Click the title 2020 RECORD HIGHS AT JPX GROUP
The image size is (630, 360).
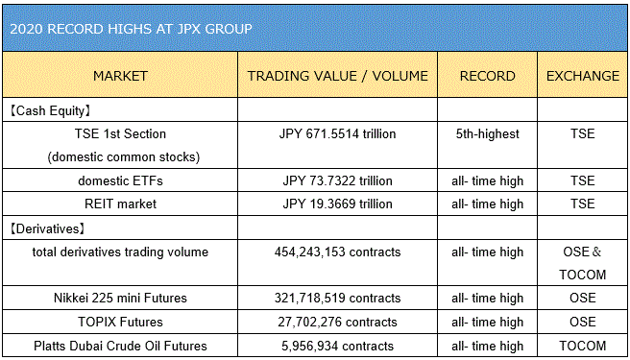pyautogui.click(x=131, y=29)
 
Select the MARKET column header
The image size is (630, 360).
pyautogui.click(x=120, y=76)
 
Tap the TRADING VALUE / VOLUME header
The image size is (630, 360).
pyautogui.click(x=337, y=76)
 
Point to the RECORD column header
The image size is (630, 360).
pyautogui.click(x=487, y=76)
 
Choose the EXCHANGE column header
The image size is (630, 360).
pyautogui.click(x=583, y=76)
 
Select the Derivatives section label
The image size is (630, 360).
pyautogui.click(x=47, y=228)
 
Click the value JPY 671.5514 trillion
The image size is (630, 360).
pyautogui.click(x=337, y=133)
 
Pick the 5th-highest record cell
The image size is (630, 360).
pyautogui.click(x=487, y=133)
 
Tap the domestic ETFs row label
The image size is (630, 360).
pyautogui.click(x=120, y=180)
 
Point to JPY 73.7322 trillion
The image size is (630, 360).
pyautogui.click(x=337, y=180)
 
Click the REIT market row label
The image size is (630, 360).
pyautogui.click(x=120, y=204)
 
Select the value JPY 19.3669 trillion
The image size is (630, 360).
pyautogui.click(x=337, y=204)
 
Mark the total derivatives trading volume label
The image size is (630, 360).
pyautogui.click(x=120, y=252)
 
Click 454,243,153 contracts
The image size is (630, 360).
pyautogui.click(x=337, y=252)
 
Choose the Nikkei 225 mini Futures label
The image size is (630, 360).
pyautogui.click(x=120, y=298)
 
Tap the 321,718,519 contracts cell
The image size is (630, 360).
pyautogui.click(x=337, y=298)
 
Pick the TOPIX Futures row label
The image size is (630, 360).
pyautogui.click(x=120, y=322)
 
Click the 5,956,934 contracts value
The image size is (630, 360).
pyautogui.click(x=337, y=346)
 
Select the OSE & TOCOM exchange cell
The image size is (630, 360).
pyautogui.click(x=583, y=263)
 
